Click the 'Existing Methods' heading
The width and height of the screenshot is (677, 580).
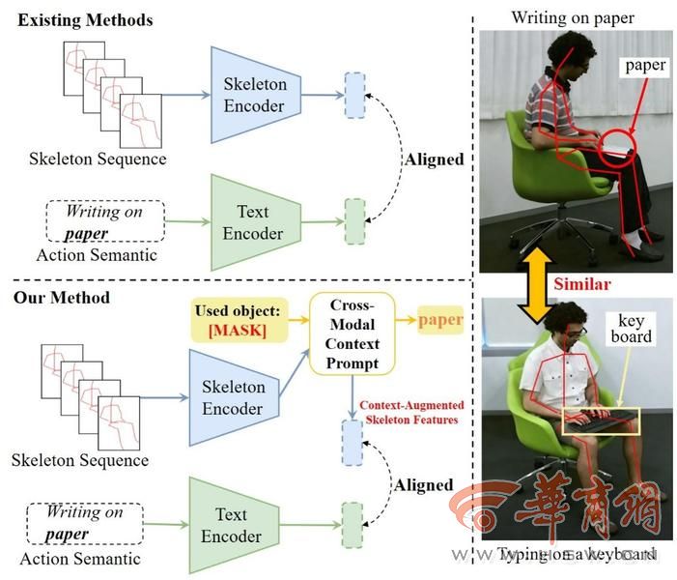point(83,20)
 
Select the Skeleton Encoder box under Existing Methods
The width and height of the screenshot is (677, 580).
point(254,94)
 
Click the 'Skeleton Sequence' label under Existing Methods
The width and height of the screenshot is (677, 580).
point(98,159)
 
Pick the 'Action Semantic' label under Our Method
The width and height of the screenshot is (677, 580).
point(88,558)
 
